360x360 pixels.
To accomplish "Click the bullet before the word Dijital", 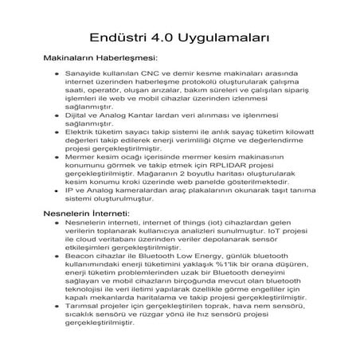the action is pyautogui.click(x=57, y=117).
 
